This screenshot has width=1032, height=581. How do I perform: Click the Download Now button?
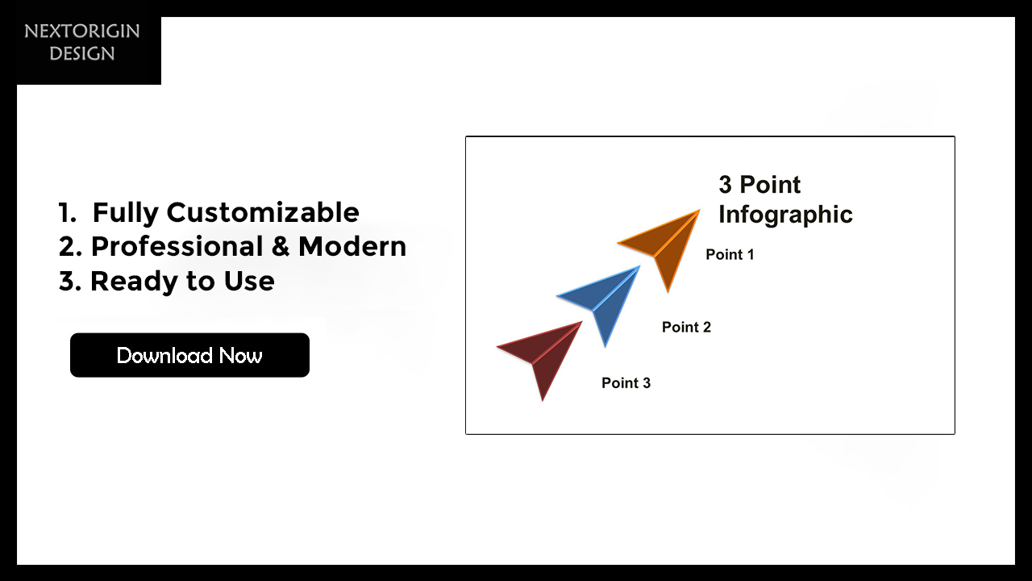click(189, 355)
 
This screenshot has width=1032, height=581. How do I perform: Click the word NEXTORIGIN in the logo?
click(82, 31)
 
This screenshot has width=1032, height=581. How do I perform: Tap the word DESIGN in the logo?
click(82, 53)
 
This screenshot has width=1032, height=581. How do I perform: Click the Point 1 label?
click(730, 254)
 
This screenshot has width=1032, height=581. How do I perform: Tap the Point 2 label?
click(686, 327)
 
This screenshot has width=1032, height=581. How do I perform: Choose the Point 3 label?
click(626, 382)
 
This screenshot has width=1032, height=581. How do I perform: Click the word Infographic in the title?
click(785, 215)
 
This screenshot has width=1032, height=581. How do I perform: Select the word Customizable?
click(263, 212)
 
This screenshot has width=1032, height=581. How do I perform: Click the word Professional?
click(177, 246)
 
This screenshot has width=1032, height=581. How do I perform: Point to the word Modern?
click(352, 246)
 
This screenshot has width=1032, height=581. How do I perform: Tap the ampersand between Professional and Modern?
click(281, 246)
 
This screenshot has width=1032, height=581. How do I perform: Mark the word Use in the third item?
click(249, 281)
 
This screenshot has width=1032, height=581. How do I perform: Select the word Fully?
click(125, 213)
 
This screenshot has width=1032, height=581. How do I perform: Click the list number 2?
click(70, 246)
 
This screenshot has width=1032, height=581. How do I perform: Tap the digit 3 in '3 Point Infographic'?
click(725, 185)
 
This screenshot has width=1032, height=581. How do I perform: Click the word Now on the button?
click(240, 356)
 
